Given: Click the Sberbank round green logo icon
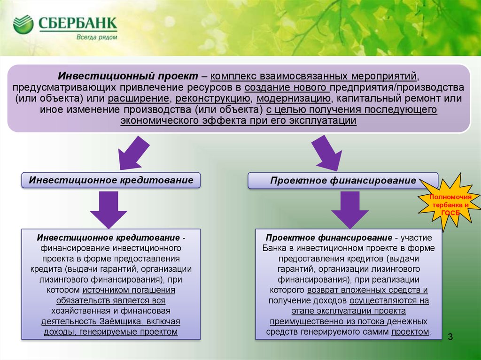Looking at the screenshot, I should pos(23,24).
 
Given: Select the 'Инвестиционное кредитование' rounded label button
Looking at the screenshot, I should pos(111,180).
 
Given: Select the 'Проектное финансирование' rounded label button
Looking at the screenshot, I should pos(343,181).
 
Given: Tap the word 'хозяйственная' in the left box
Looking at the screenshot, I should pos(78,311).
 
